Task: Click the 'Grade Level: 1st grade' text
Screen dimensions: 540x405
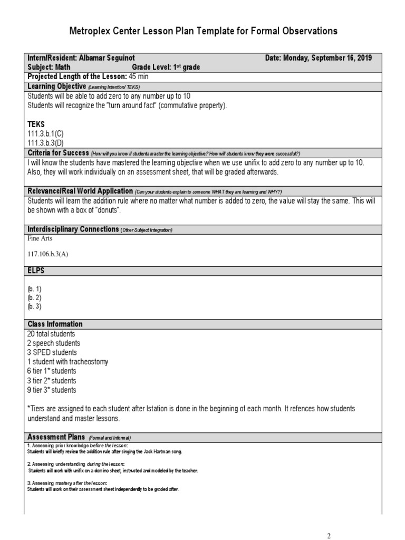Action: pos(166,67)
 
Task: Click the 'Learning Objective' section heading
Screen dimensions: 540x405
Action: pos(56,86)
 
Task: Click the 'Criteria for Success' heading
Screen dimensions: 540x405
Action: pos(58,152)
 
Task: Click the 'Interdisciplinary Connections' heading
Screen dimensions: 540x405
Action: pos(73,229)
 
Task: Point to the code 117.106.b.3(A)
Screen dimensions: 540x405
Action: pos(48,254)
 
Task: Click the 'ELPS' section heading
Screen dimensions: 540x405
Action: pos(36,271)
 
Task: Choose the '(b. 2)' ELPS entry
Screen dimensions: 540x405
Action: pos(34,297)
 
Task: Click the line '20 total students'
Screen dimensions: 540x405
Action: pos(51,334)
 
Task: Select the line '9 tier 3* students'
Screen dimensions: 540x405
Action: pos(52,390)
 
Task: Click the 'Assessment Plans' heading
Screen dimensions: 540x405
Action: pos(56,437)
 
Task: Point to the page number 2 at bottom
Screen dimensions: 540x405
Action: pos(329,536)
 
